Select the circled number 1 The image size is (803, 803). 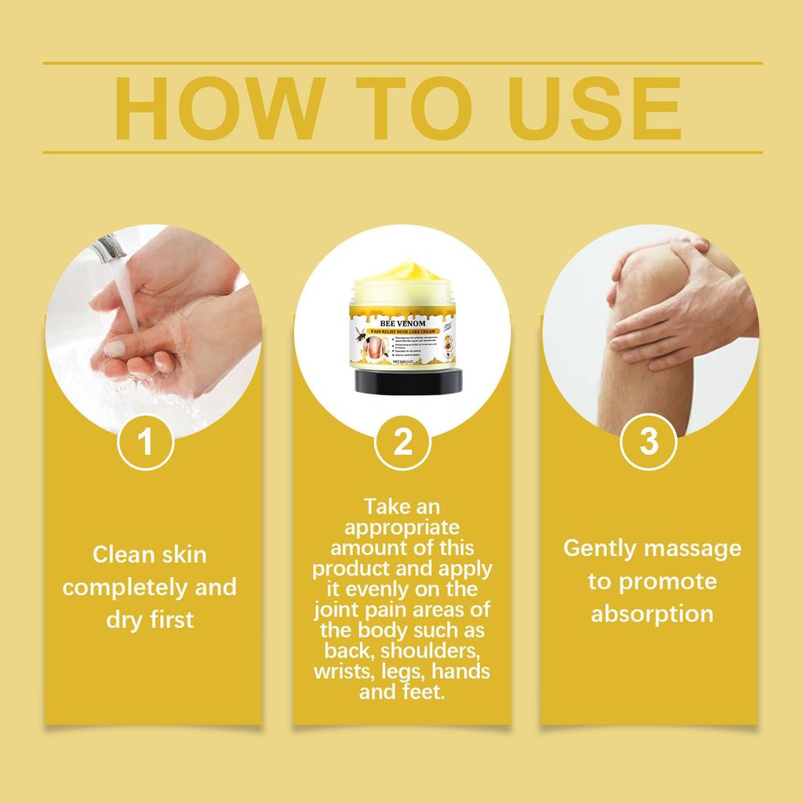[145, 442]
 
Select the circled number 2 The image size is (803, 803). [402, 442]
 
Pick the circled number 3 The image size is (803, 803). [649, 442]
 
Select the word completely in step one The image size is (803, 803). [122, 587]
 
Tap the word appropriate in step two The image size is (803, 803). [402, 525]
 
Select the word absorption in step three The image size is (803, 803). [652, 613]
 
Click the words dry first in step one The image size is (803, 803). [150, 620]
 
